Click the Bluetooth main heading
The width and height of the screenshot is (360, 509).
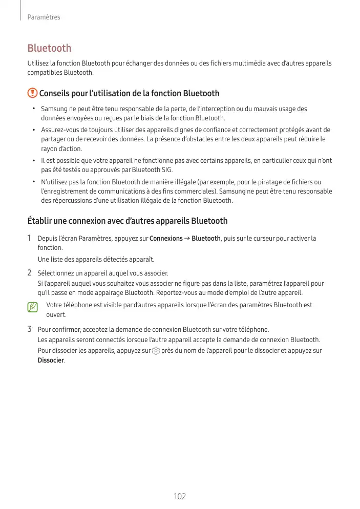49,48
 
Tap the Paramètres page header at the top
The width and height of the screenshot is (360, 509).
44,17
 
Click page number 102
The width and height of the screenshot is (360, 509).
180,497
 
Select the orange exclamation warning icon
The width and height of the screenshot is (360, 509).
32,93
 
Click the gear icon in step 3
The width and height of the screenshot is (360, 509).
156,351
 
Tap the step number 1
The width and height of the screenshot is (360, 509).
30,238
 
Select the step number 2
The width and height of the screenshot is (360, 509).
30,272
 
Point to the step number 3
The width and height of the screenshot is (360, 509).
30,329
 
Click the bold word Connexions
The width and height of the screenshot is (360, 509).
166,239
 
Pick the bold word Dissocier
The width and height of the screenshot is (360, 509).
51,360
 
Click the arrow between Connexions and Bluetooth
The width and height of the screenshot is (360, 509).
187,239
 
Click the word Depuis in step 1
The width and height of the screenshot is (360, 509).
48,239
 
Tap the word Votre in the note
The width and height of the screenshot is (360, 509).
54,305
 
